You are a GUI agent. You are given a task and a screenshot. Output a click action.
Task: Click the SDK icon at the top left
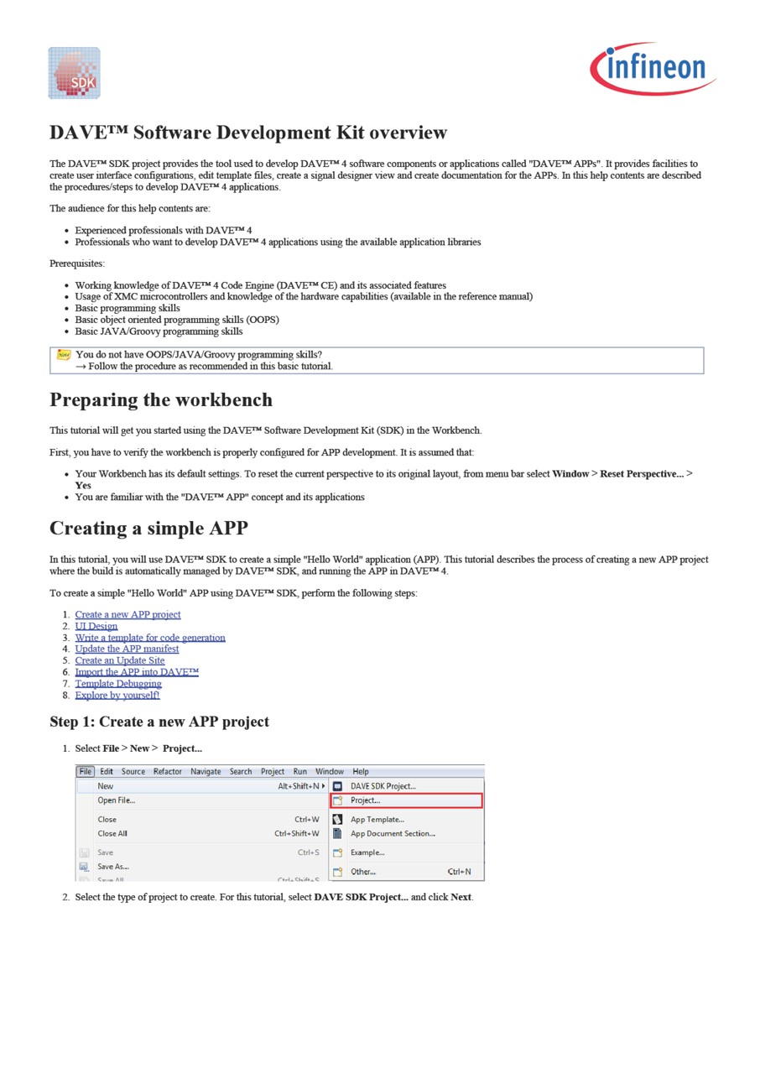coord(74,73)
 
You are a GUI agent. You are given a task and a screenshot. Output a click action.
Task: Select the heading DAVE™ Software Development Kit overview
coord(248,133)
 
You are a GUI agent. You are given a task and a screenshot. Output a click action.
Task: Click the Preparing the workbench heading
coord(161,399)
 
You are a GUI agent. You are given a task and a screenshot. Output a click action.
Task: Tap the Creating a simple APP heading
coord(148,528)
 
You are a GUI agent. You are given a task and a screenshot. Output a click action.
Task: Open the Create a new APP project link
coord(128,614)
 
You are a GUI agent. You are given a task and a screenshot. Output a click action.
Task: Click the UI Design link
coord(96,626)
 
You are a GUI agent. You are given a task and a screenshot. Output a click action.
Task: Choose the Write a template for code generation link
coord(150,638)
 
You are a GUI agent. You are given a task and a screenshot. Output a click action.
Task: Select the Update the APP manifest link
coord(127,649)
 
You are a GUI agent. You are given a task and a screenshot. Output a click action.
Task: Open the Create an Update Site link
coord(120,660)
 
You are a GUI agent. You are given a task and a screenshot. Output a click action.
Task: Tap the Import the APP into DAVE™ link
coord(137,672)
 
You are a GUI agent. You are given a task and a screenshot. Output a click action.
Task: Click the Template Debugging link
coord(118,684)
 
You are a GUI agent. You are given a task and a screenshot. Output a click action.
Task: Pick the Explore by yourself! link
coord(117,695)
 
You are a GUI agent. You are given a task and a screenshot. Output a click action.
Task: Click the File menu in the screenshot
coord(86,772)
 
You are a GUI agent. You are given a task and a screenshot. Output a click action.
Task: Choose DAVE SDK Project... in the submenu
coord(383,786)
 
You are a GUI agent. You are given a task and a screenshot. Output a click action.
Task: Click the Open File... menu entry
coord(116,800)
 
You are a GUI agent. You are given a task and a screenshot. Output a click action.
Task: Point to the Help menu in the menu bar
coord(361,772)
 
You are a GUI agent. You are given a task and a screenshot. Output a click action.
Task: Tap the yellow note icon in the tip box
coord(64,355)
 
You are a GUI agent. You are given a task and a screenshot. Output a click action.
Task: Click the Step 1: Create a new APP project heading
coord(159,722)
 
